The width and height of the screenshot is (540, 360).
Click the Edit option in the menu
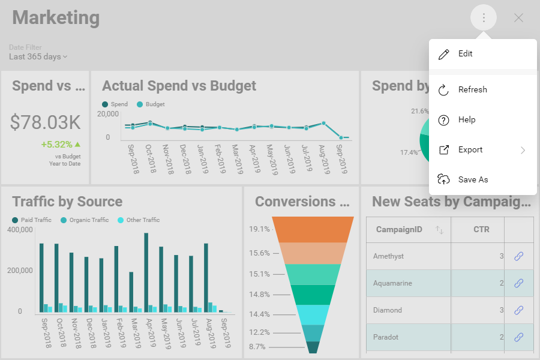point(465,54)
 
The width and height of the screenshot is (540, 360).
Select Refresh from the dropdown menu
point(472,90)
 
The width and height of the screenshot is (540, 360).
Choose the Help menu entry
point(466,120)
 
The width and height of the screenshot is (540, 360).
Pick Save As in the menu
point(473,180)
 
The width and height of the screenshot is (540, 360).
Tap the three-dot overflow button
point(484,18)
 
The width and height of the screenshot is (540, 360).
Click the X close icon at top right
point(518,18)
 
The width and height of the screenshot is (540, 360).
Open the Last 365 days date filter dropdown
point(38,57)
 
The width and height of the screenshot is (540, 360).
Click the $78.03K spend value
point(45,122)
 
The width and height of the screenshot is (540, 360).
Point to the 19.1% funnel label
point(259,229)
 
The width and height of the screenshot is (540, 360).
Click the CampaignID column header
point(399,230)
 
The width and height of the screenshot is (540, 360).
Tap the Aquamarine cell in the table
point(392,283)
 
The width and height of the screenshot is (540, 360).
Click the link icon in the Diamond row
point(518,310)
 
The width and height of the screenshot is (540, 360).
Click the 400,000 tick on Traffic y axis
point(20,230)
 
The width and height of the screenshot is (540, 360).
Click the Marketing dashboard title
point(56,18)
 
